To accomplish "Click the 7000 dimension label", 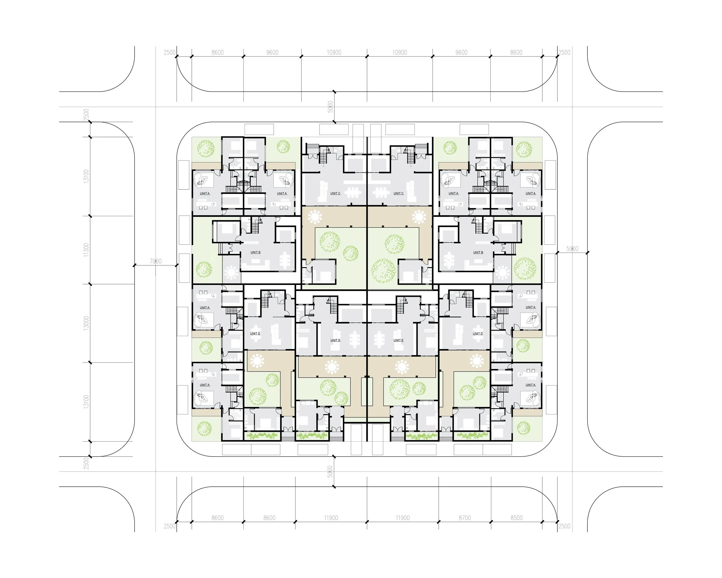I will pos(155,261).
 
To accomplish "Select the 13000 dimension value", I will pos(86,323).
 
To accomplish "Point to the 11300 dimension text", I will pos(86,250).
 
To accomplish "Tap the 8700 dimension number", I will pos(464,518).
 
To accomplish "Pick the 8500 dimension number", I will pos(516,518).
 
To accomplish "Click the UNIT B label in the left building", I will pos(255,252).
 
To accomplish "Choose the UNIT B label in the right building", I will pos(478,252).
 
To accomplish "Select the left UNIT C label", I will pos(335,193).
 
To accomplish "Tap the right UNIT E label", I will pos(398,340).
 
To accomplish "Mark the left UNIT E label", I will pos(335,340).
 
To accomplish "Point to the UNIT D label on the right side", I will pos(478,334).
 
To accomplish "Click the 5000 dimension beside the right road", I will pos(572,249).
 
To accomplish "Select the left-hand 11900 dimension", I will pos(331,518).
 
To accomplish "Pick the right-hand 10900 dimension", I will pos(399,53).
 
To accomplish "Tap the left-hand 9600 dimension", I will pos(272,53).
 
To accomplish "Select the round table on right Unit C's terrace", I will pos(418,216).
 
